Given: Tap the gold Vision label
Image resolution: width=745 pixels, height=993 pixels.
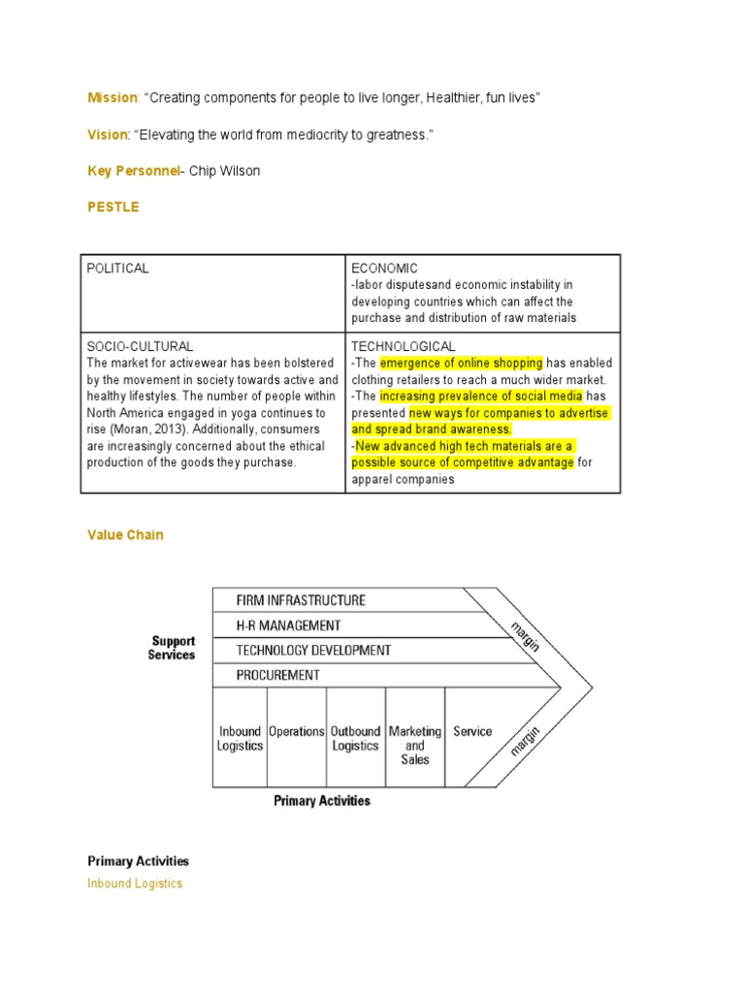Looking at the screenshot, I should click(107, 135).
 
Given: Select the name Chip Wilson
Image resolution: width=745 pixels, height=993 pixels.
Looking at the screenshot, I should click(225, 171).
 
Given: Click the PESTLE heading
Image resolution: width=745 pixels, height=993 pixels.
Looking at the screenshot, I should click(113, 208).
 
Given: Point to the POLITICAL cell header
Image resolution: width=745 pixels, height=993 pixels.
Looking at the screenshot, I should click(118, 269).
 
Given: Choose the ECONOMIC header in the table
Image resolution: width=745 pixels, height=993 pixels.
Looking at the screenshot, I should click(385, 269).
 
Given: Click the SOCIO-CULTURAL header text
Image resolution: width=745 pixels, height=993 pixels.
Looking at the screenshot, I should click(141, 346).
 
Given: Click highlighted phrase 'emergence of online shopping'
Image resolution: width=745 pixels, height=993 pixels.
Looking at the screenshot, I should click(462, 363).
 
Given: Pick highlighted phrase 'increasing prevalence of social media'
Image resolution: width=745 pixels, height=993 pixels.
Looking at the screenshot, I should click(481, 397).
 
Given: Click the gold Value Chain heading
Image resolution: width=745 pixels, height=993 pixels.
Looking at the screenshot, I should click(125, 535).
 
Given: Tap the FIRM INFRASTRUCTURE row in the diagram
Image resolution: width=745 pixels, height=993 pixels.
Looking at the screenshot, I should click(301, 600).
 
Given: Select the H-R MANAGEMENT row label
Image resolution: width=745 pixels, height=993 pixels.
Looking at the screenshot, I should click(288, 625).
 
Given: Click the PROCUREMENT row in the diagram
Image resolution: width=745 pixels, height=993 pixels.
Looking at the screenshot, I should click(277, 674).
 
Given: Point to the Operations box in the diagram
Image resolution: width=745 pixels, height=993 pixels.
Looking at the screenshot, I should click(297, 732).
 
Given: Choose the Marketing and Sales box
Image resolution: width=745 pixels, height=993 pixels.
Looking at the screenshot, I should click(415, 745).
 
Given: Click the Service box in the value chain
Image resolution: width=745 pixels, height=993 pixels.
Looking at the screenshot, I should click(472, 732).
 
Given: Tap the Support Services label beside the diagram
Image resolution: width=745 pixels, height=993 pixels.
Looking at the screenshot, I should click(173, 648).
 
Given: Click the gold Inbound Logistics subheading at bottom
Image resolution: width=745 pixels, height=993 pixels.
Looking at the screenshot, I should click(135, 883).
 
